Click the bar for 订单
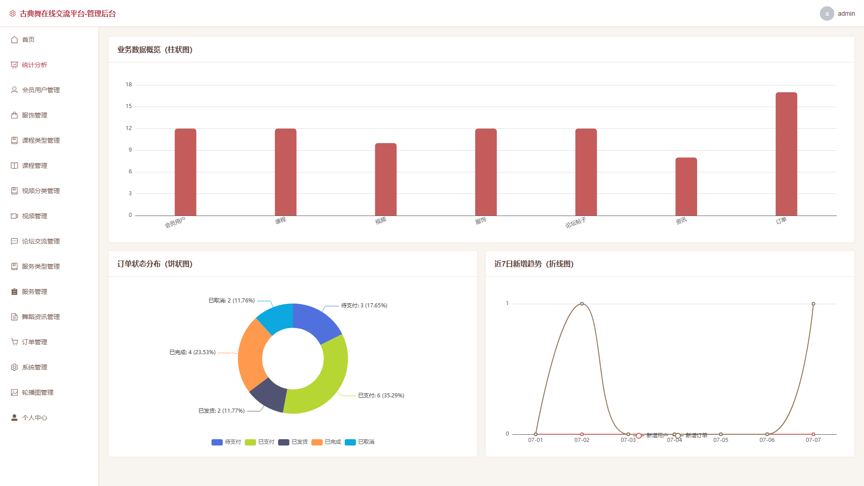point(786,154)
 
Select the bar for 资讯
point(686,186)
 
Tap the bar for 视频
point(386,179)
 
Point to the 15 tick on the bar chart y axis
point(129,106)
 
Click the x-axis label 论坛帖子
point(576,222)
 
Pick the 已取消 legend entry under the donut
point(360,442)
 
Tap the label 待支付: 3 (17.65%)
point(364,306)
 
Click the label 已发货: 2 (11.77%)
point(221,411)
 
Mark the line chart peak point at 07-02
point(582,304)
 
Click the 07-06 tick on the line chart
point(767,440)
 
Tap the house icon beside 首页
point(14,40)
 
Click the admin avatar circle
point(827,13)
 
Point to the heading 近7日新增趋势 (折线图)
point(534,264)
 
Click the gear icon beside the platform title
point(13,14)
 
